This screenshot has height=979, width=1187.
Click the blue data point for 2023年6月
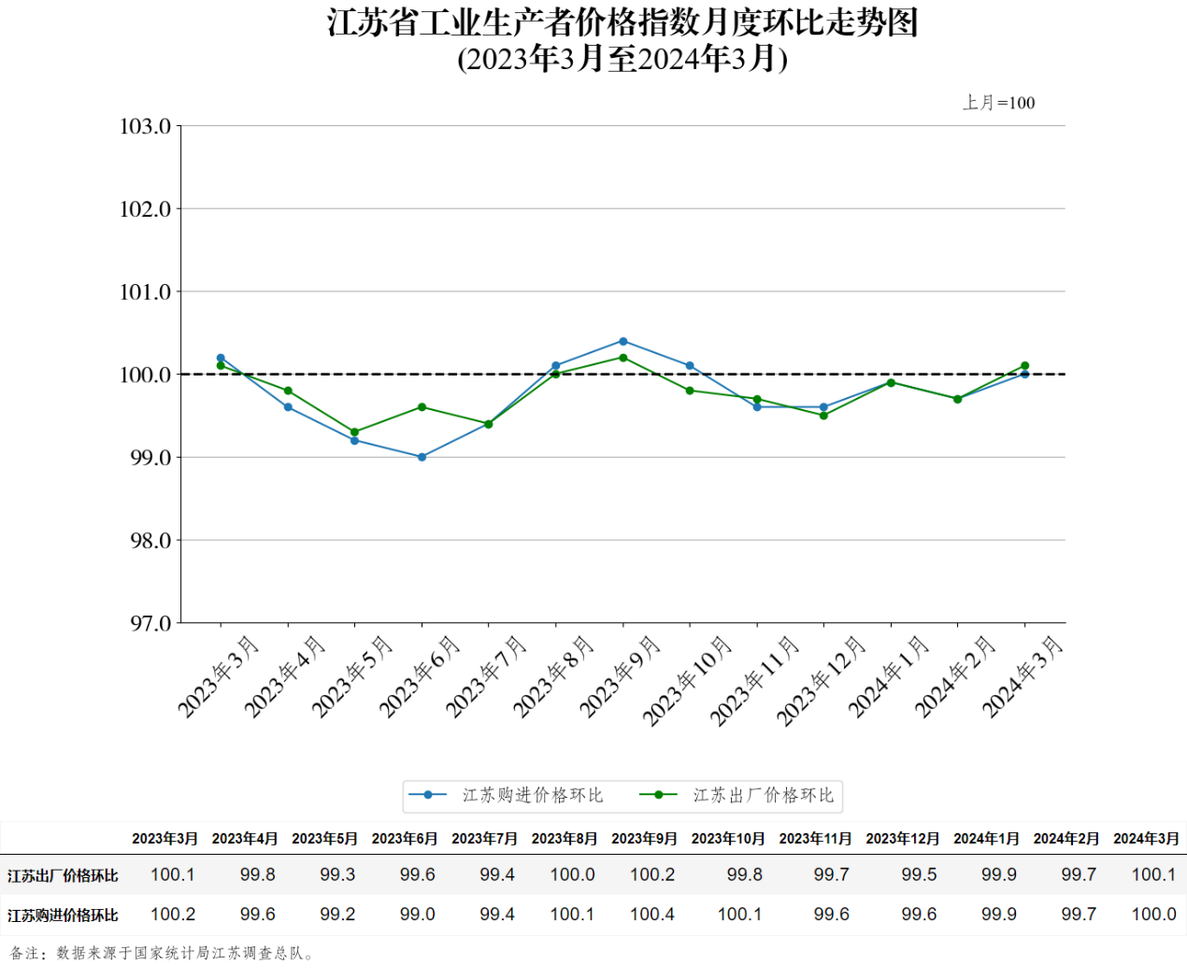pos(422,457)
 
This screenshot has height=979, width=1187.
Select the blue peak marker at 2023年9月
pos(623,341)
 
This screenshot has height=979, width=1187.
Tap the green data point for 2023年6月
pos(422,407)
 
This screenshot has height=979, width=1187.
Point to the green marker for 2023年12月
pos(823,416)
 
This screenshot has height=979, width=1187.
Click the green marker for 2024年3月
pos(1025,366)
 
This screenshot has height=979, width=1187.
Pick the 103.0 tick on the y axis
pos(146,126)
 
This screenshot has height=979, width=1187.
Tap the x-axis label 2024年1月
pos(889,676)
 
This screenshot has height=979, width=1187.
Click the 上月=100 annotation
pos(999,103)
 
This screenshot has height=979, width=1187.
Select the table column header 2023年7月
pos(484,839)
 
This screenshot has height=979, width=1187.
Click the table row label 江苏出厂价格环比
pos(63,875)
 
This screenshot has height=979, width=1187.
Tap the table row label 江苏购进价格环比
pos(63,915)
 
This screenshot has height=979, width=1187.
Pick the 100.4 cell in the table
pos(652,915)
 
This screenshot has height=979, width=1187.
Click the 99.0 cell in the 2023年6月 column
pos(417,915)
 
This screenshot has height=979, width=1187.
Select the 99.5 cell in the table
pos(919,875)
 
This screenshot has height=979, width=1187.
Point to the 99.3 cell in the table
pos(337,875)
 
